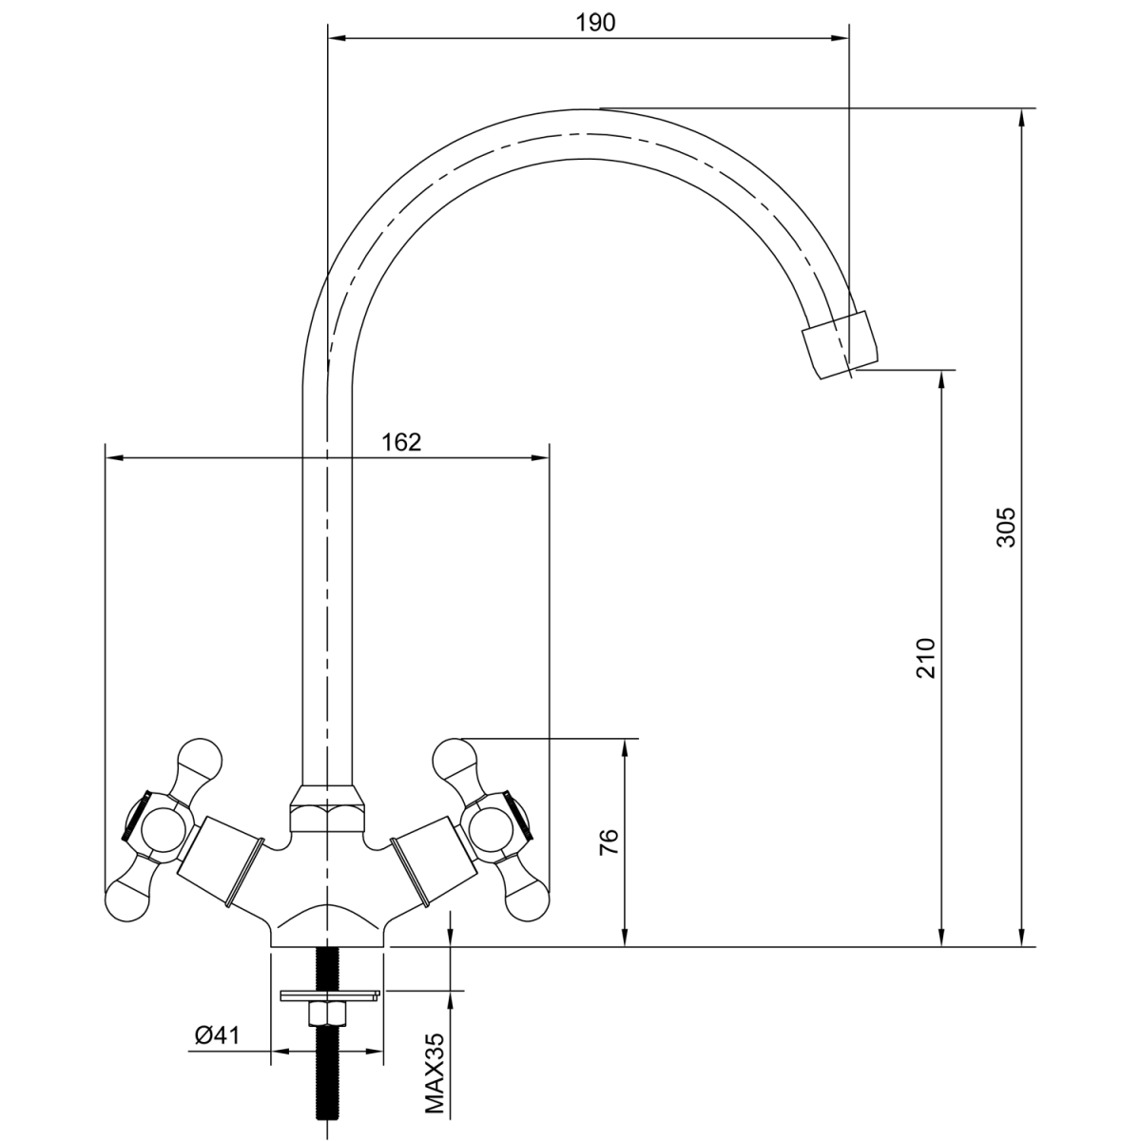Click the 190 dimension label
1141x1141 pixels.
[x=595, y=23]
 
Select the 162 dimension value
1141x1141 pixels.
[x=401, y=442]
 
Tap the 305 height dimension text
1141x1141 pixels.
[x=1006, y=527]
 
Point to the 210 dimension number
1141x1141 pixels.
[x=925, y=658]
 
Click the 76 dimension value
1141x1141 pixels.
[x=609, y=841]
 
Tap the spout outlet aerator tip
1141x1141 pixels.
[x=840, y=344]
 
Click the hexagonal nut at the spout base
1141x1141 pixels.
[x=327, y=809]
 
